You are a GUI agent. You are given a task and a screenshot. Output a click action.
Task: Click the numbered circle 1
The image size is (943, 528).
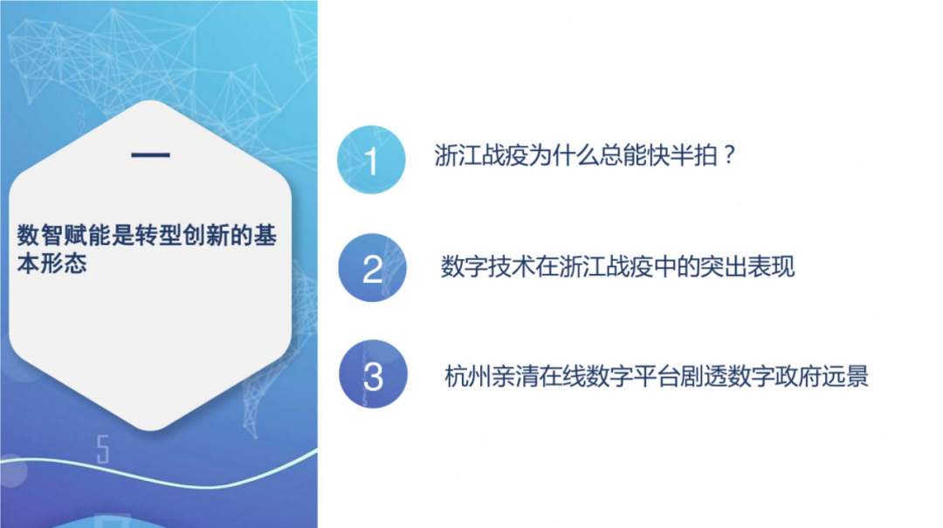[372, 161]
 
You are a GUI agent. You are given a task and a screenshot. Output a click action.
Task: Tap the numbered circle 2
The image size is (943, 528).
[372, 268]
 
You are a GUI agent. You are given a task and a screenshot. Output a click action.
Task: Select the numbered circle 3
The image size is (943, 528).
[373, 377]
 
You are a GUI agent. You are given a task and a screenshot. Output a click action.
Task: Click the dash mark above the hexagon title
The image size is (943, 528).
[150, 156]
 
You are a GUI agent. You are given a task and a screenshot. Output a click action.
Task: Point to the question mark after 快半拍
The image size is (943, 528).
[730, 158]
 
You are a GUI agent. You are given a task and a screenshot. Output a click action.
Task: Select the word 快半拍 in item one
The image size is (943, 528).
[677, 158]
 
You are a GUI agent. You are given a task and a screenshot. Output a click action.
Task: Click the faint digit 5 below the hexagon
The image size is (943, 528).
[103, 449]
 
